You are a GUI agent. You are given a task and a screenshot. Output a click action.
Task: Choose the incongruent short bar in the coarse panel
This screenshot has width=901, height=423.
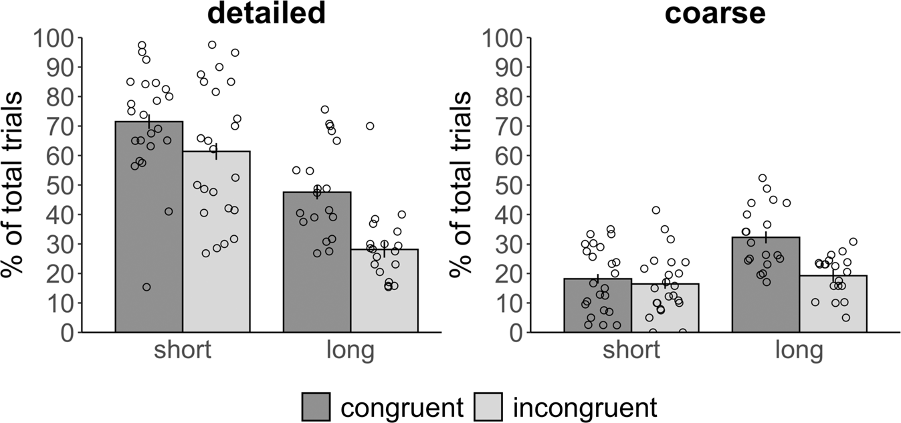click(665, 308)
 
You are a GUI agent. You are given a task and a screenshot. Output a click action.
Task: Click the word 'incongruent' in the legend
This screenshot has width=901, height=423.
click(585, 406)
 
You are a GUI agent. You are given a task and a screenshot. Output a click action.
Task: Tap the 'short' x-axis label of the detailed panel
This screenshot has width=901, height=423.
click(183, 349)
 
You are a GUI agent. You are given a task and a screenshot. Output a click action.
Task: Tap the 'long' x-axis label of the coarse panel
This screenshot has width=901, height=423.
click(799, 349)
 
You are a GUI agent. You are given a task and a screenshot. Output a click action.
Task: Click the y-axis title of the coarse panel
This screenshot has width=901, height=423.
click(462, 184)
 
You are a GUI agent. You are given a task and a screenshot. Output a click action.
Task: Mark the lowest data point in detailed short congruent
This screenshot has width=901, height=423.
click(146, 287)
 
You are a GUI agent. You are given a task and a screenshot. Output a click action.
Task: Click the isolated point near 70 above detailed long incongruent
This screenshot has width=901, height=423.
click(370, 126)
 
